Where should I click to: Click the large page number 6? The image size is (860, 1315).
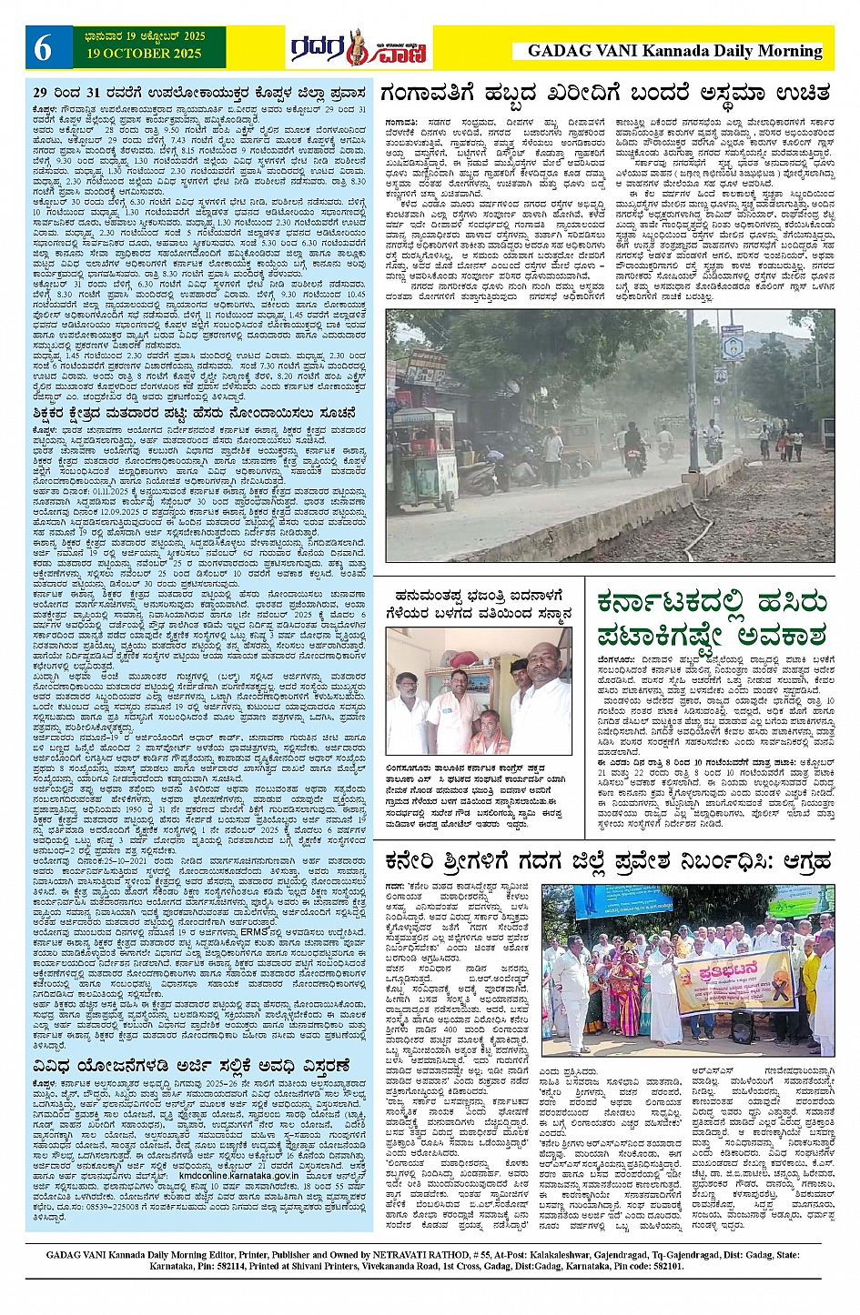pyautogui.click(x=43, y=48)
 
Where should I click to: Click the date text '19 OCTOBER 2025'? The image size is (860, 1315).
pyautogui.click(x=144, y=54)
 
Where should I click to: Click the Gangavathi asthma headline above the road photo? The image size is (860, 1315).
pyautogui.click(x=605, y=94)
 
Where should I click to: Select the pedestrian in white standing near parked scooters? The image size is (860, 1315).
pyautogui.click(x=553, y=455)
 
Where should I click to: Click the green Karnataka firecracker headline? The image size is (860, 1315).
pyautogui.click(x=712, y=617)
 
